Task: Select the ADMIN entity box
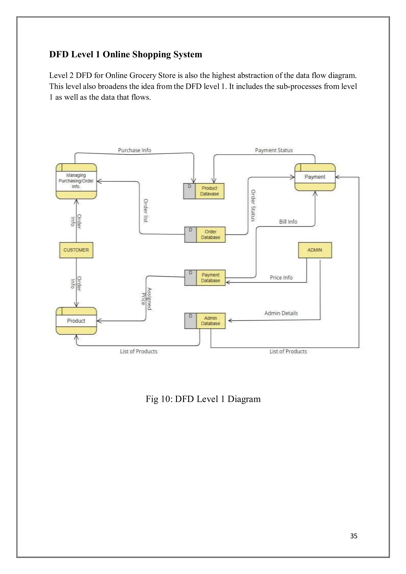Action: click(x=315, y=250)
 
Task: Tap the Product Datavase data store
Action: click(x=204, y=191)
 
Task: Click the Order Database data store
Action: click(x=205, y=234)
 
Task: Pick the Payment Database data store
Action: click(x=205, y=277)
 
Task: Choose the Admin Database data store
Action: click(x=205, y=321)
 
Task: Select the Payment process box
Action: click(x=315, y=177)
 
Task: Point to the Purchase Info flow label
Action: click(x=134, y=150)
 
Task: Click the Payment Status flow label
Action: click(x=274, y=150)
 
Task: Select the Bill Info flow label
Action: click(x=288, y=222)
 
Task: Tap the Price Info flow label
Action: click(x=281, y=277)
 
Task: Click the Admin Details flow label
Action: click(x=281, y=313)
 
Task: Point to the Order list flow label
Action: click(x=146, y=210)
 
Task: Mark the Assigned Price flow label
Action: click(x=147, y=299)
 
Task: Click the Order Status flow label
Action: click(x=253, y=206)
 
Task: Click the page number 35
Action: click(x=353, y=536)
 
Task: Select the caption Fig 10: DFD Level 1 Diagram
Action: click(x=203, y=399)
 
